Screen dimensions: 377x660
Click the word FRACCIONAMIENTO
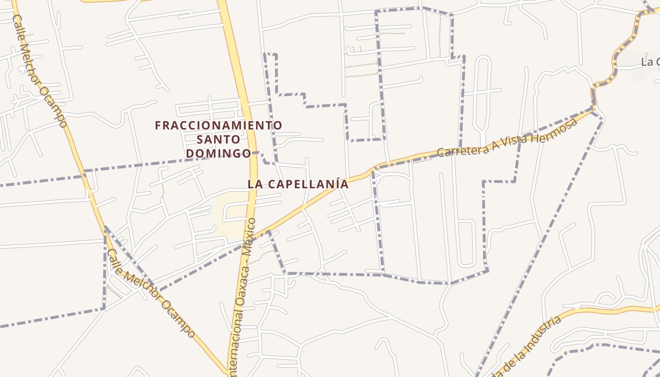tap(219, 125)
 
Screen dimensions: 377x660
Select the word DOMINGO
tap(218, 153)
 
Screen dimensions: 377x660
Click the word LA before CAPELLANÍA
tap(255, 184)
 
